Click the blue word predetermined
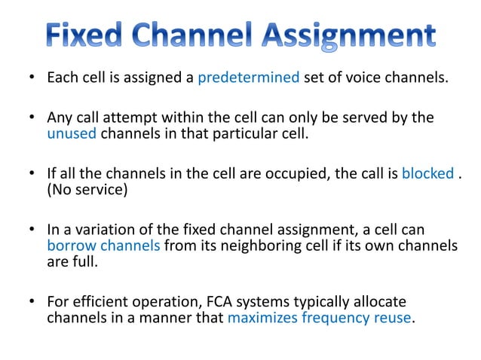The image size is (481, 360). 248,78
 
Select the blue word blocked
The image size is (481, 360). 427,174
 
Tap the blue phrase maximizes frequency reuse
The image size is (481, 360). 320,317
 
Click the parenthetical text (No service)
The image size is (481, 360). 87,190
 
